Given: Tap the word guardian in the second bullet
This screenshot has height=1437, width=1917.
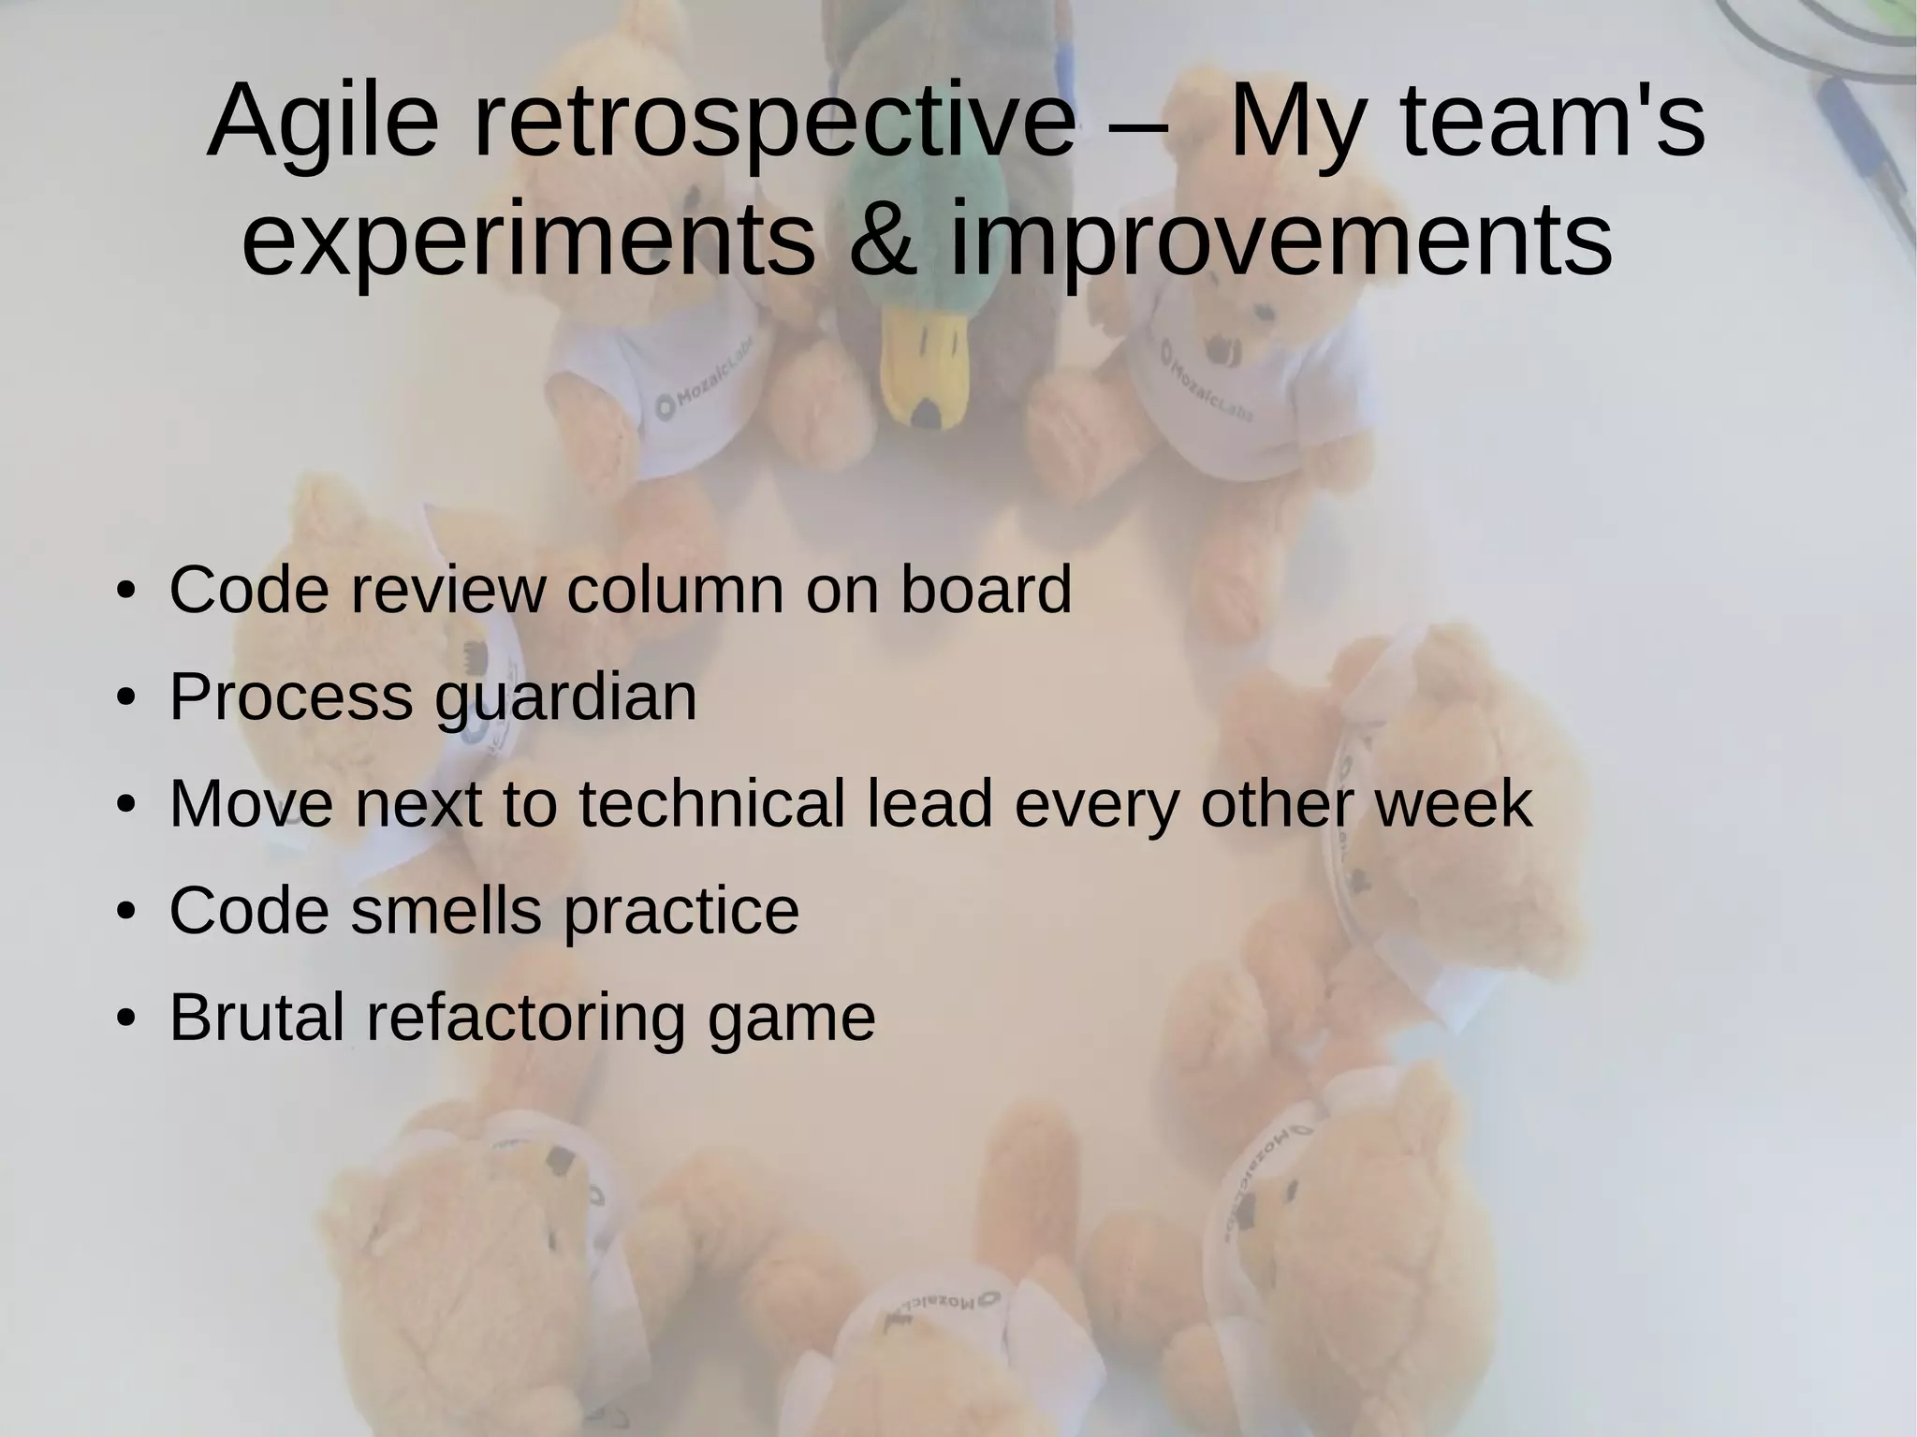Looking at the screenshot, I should (565, 698).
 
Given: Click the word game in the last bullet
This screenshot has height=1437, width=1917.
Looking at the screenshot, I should (792, 1018).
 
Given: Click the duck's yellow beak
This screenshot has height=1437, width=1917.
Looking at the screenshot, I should (925, 370).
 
